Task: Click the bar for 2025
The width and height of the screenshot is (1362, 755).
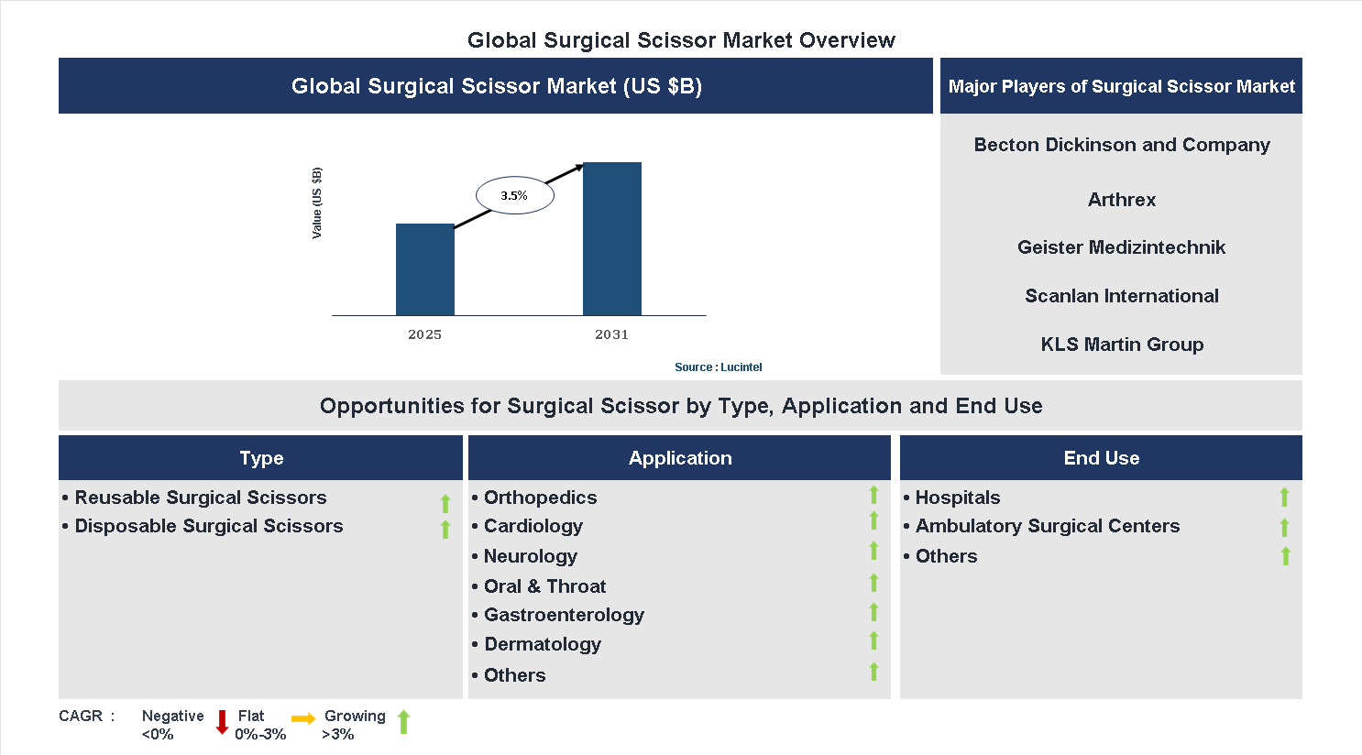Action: (424, 269)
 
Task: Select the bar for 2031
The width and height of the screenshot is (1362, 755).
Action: (611, 238)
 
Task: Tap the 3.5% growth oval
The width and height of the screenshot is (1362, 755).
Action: (514, 195)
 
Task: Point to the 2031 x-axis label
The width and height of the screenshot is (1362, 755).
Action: (611, 334)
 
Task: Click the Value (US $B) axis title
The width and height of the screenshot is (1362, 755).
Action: (317, 203)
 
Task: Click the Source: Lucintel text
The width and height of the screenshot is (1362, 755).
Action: (718, 367)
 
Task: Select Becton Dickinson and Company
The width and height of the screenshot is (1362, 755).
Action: (1121, 145)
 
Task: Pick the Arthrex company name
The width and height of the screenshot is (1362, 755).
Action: (1121, 200)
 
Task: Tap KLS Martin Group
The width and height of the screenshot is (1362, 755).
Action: (1121, 345)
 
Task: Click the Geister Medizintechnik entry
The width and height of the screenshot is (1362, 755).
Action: (1121, 247)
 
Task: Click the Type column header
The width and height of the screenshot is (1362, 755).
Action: (261, 458)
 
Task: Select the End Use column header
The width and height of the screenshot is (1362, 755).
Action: (1101, 458)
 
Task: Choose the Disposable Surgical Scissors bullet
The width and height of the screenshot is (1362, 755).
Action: (208, 526)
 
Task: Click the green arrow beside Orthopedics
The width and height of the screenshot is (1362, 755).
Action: (873, 495)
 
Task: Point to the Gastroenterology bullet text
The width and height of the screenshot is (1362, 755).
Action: (563, 615)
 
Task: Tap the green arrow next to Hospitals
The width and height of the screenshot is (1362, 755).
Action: (1284, 497)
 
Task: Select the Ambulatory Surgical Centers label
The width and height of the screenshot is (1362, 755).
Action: (1047, 526)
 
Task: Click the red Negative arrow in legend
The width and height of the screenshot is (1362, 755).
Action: (222, 722)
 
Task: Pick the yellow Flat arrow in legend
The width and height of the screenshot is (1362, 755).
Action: (303, 719)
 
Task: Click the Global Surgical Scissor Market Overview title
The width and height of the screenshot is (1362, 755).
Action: (681, 40)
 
